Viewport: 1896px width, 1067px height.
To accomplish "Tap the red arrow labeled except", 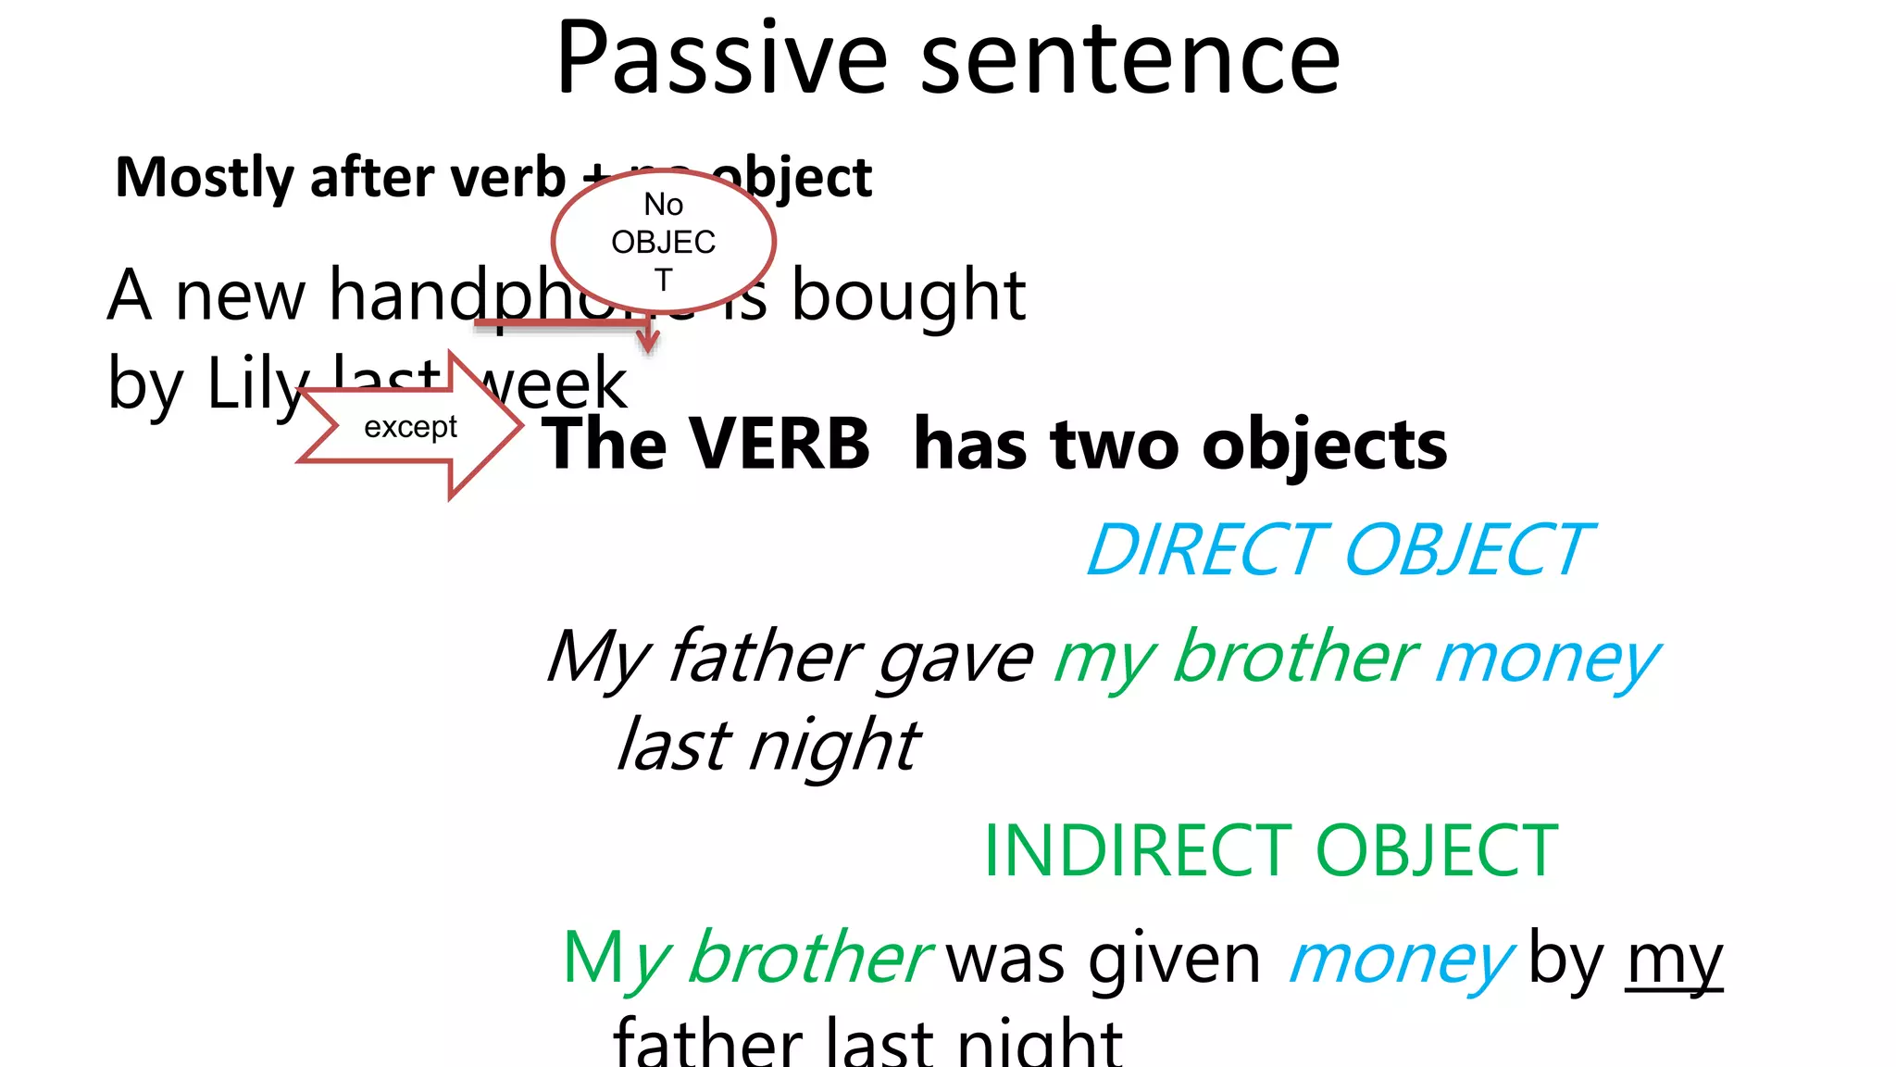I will [x=410, y=427].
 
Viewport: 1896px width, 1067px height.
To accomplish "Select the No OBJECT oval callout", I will [x=663, y=241].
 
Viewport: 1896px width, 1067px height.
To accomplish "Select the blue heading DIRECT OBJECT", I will [x=1337, y=550].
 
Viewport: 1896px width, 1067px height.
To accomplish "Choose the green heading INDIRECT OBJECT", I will [x=1270, y=850].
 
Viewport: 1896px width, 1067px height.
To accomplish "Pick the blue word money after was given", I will [x=1400, y=960].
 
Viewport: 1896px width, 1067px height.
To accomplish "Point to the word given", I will [x=1174, y=960].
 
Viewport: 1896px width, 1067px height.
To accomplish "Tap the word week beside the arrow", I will [x=555, y=384].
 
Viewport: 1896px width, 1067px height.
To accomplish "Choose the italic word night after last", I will [x=833, y=747].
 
